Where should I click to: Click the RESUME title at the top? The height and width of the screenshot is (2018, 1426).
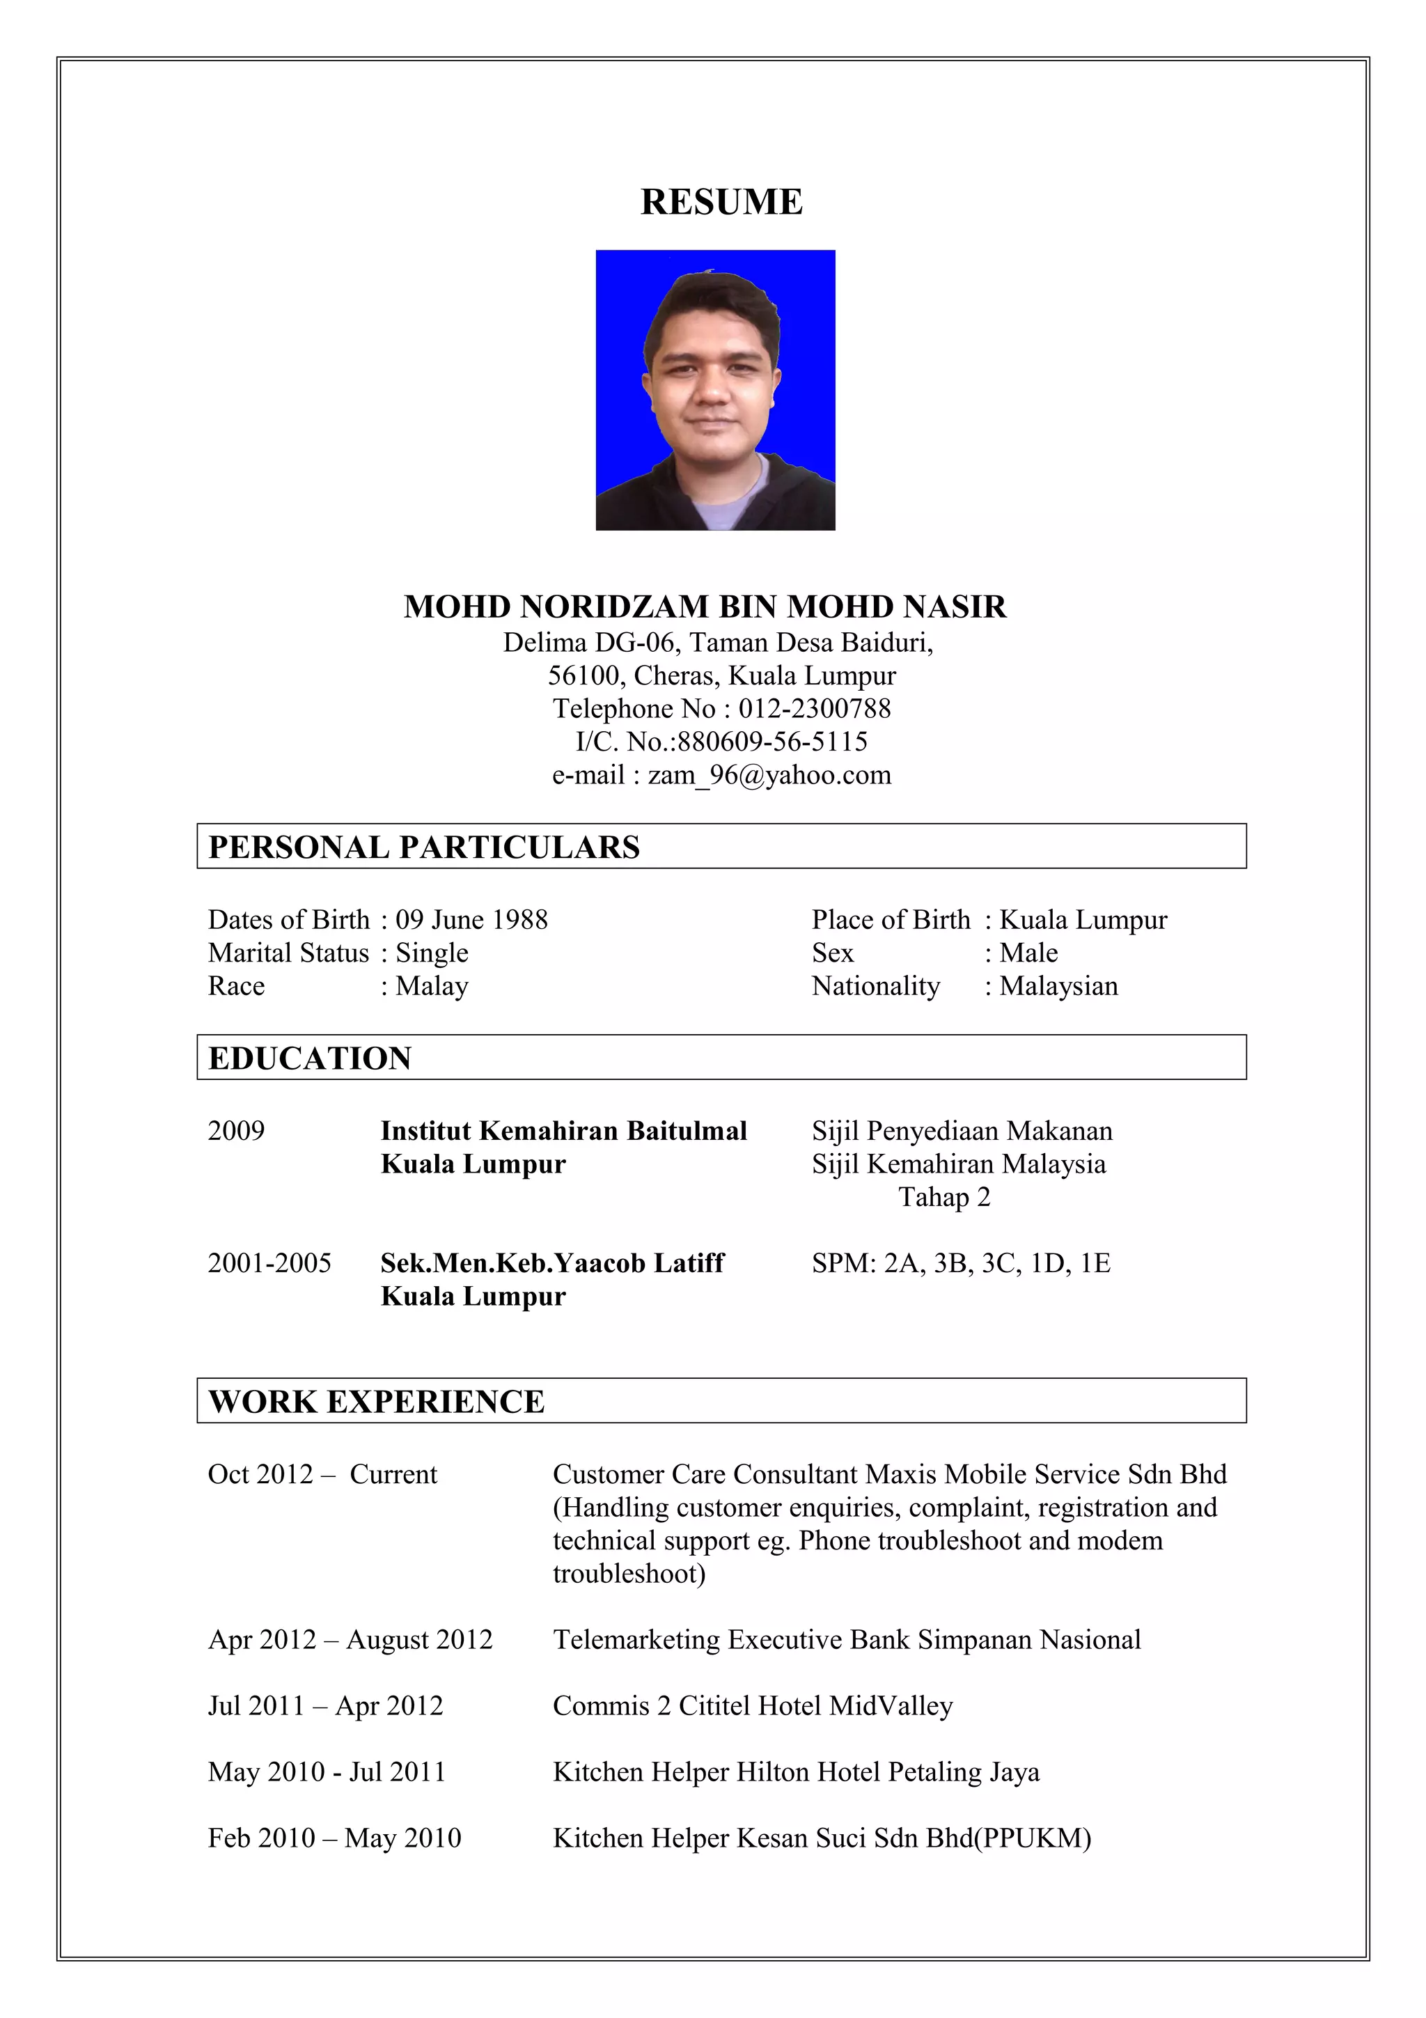721,202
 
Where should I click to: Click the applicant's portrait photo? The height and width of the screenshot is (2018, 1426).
715,389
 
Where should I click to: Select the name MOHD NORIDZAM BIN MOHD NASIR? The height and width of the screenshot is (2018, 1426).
705,607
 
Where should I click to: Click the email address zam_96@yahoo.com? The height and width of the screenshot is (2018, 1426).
769,775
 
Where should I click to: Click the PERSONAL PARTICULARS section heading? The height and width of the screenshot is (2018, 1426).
423,847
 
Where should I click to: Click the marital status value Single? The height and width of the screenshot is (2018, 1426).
432,953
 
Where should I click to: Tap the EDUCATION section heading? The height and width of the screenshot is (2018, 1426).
309,1058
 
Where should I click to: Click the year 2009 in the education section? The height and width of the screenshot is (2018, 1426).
235,1131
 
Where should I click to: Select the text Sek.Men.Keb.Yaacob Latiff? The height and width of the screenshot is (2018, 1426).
551,1264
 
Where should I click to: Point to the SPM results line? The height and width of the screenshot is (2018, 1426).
960,1264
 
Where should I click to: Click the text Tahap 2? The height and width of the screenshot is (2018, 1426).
943,1198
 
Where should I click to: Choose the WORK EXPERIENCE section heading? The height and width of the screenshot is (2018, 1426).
376,1402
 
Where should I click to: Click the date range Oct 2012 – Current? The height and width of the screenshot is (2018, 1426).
322,1475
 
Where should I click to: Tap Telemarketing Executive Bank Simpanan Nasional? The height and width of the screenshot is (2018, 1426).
846,1640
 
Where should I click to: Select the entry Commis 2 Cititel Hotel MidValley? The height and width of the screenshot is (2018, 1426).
752,1706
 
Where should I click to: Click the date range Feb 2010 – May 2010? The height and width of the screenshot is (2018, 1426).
334,1838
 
